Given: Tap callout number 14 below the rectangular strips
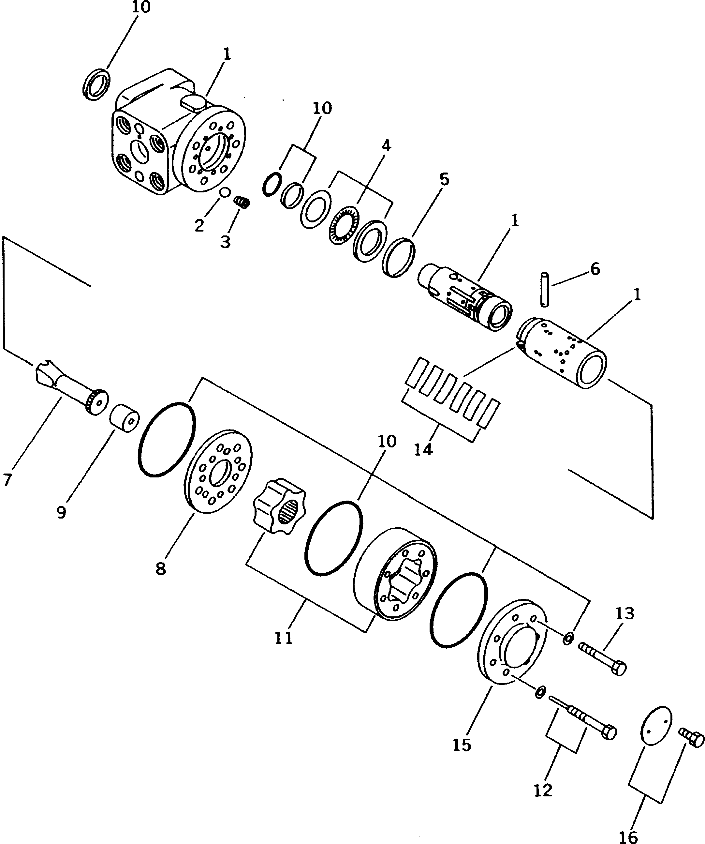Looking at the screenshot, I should pos(423,449).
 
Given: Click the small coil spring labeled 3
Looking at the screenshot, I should pos(242,202).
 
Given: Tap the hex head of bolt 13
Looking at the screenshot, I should pos(619,668).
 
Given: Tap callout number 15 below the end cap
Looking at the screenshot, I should pos(462,745).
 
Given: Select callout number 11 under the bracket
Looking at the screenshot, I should pos(284,638).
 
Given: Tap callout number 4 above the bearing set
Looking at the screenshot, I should pos(386,145).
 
